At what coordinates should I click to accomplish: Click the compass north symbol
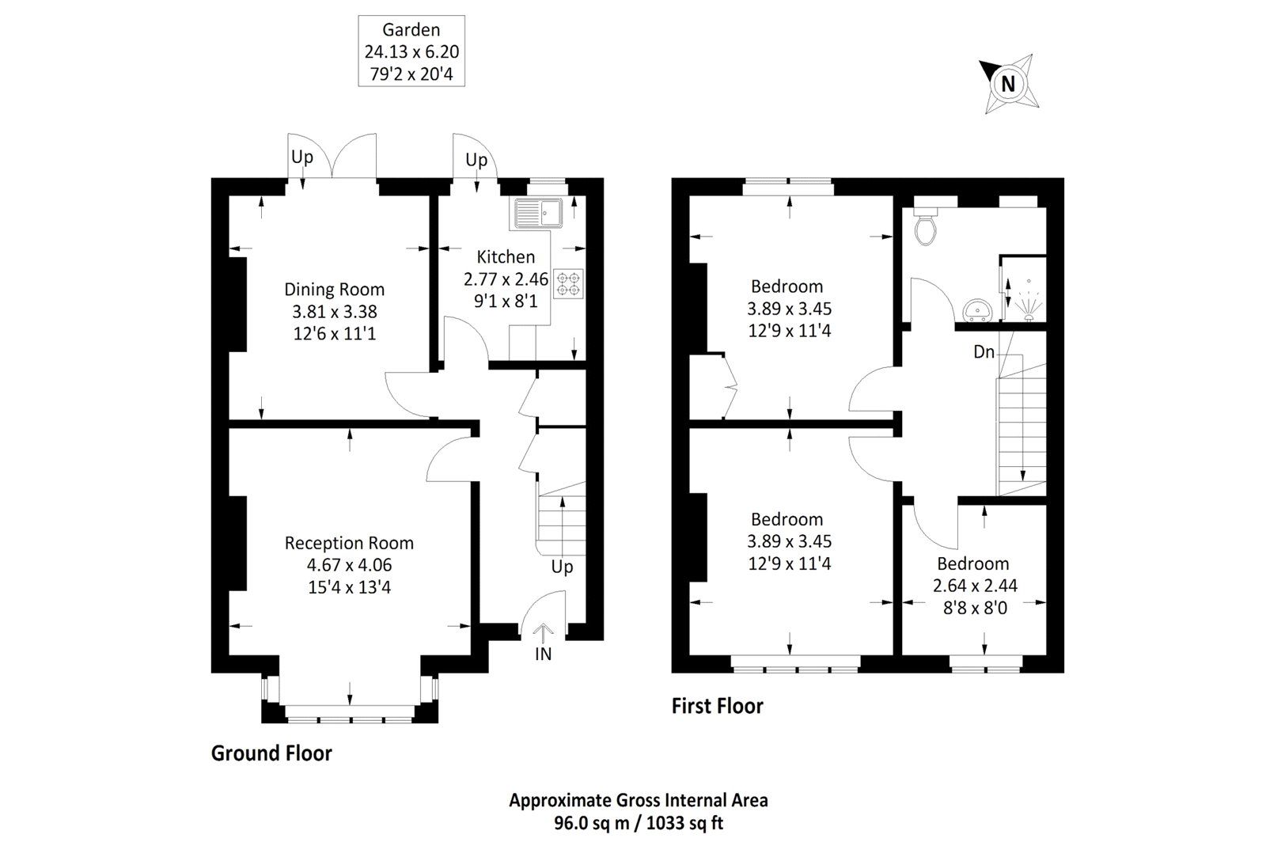click(x=1008, y=82)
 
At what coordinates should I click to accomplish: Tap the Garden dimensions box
click(x=411, y=51)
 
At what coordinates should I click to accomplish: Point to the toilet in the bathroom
click(x=924, y=226)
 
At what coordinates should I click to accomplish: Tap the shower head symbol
click(x=1028, y=301)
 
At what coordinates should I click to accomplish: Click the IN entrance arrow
click(x=543, y=635)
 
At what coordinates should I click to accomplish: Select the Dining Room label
click(x=334, y=290)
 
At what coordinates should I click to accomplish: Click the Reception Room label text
click(x=349, y=543)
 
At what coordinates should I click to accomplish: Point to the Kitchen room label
click(x=506, y=256)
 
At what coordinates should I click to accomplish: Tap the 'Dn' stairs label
click(x=984, y=352)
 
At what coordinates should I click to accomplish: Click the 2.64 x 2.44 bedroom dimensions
click(x=973, y=586)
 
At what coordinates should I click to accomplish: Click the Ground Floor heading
click(x=271, y=753)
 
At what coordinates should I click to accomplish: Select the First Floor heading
click(x=718, y=705)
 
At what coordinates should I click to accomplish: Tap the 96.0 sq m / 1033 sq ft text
click(x=638, y=823)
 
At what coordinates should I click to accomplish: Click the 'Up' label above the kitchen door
click(x=476, y=160)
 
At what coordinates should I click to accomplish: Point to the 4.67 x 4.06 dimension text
click(x=349, y=565)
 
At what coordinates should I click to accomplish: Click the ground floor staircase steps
click(x=560, y=522)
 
